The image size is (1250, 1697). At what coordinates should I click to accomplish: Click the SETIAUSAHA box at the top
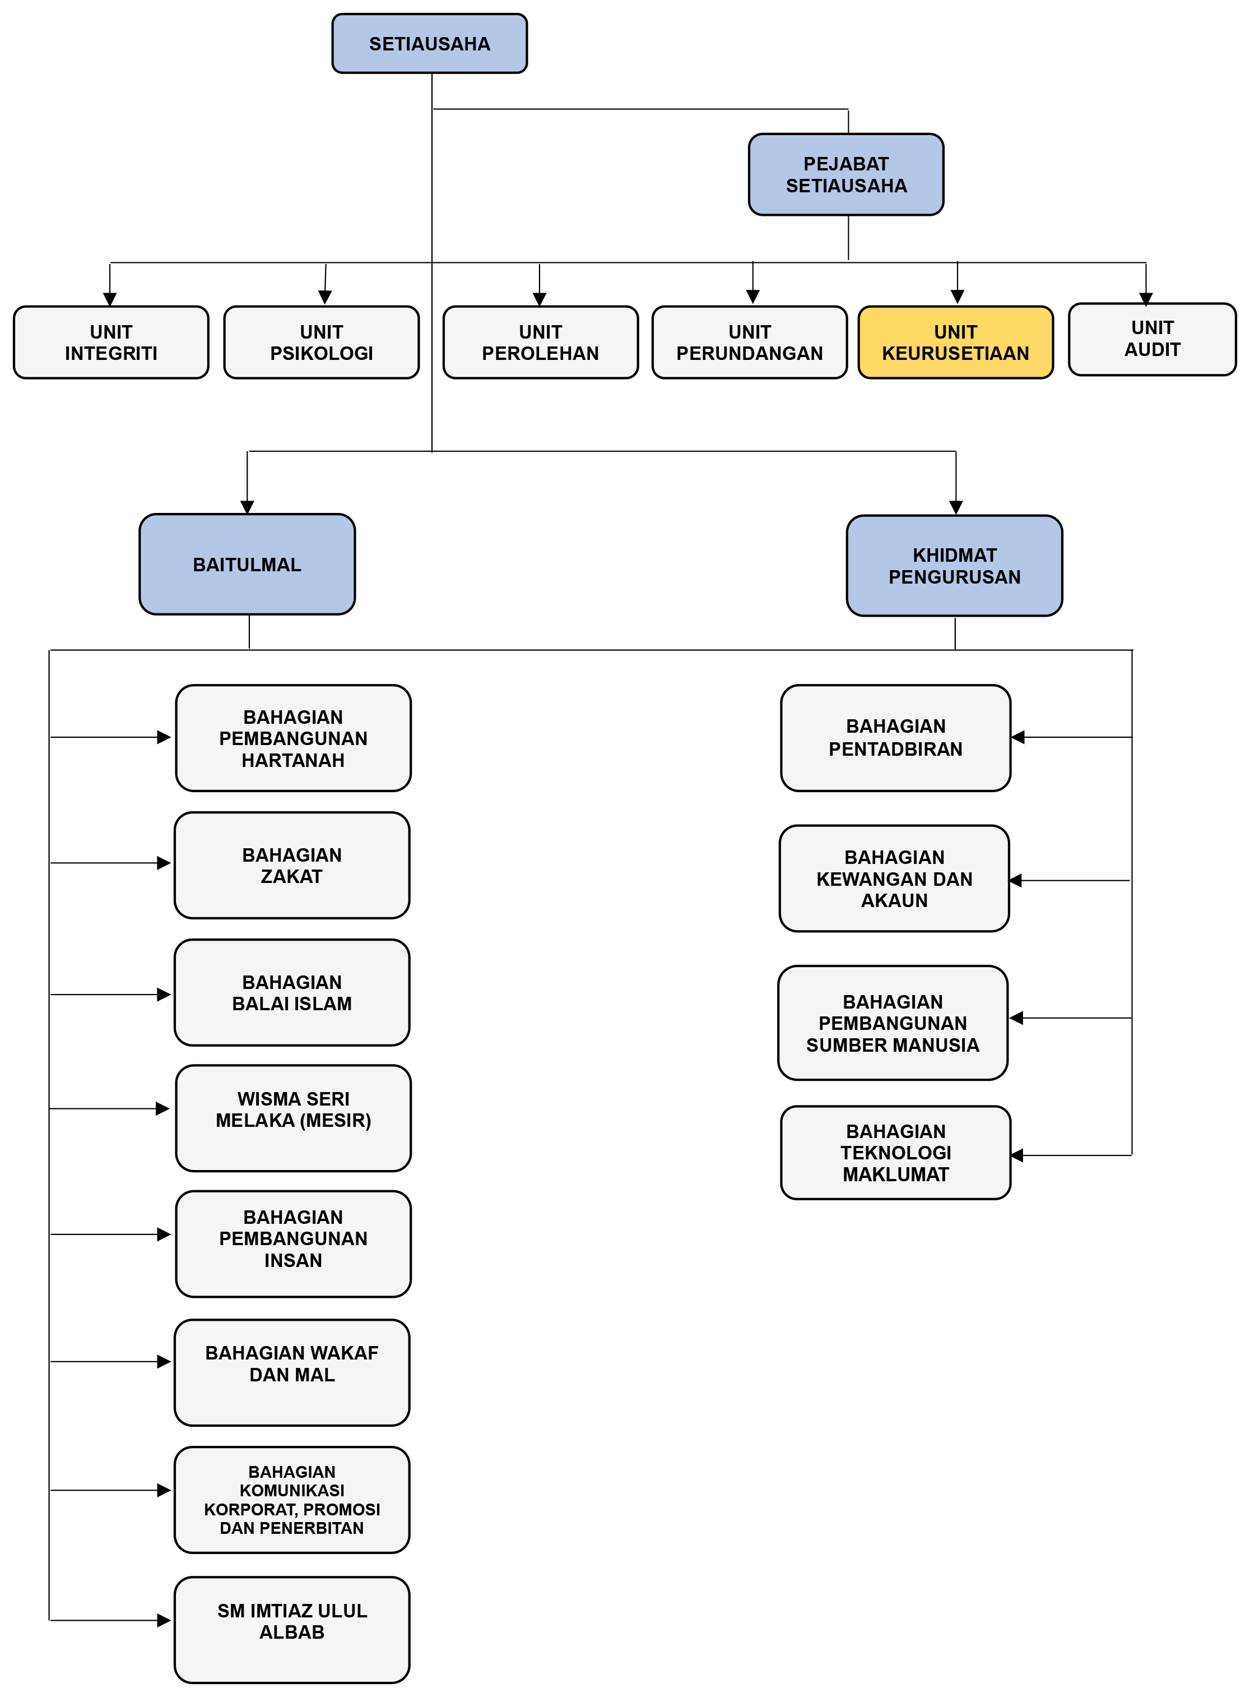tap(429, 44)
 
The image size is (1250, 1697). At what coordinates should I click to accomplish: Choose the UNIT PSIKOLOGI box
tap(321, 342)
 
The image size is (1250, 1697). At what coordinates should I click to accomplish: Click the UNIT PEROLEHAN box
tap(540, 342)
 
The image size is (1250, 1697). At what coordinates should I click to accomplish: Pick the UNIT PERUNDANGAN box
tap(749, 342)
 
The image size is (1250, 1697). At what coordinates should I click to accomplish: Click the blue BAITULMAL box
tap(247, 564)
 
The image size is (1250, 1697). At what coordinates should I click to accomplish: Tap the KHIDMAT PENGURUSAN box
tap(954, 566)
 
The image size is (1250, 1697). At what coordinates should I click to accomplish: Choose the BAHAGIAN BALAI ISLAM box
tap(291, 992)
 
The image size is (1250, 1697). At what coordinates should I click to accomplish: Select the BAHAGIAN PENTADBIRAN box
tap(895, 738)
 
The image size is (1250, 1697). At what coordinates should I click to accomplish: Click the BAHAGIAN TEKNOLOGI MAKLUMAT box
tap(895, 1153)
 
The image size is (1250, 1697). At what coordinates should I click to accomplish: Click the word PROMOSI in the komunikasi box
tap(342, 1509)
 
